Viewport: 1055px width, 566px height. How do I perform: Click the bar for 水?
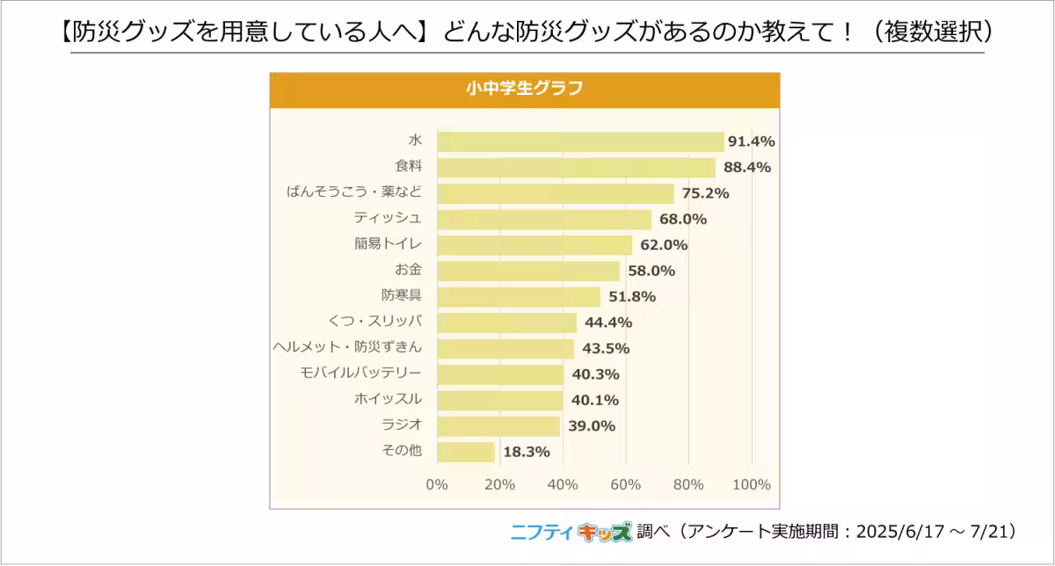click(580, 141)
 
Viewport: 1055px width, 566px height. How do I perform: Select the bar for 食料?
click(576, 167)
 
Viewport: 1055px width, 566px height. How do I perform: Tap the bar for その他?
click(466, 452)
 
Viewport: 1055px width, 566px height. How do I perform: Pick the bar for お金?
click(528, 271)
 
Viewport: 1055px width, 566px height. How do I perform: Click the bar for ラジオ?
click(498, 425)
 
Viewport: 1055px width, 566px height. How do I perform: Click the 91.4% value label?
click(751, 141)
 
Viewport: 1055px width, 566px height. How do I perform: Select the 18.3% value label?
click(526, 452)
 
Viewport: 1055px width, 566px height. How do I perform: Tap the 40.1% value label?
click(594, 400)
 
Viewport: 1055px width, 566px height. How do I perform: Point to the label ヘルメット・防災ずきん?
click(347, 348)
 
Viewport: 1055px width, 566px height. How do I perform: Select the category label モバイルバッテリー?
click(361, 374)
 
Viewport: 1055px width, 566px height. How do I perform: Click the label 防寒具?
click(402, 296)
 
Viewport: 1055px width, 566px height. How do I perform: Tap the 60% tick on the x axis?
click(625, 485)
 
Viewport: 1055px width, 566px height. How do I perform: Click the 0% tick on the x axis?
click(437, 485)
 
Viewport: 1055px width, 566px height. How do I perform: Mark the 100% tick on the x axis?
click(751, 485)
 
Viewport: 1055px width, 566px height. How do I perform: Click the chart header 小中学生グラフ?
click(524, 89)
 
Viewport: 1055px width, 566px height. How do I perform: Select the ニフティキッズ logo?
click(571, 532)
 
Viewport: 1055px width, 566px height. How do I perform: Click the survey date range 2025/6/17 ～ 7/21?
click(935, 532)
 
